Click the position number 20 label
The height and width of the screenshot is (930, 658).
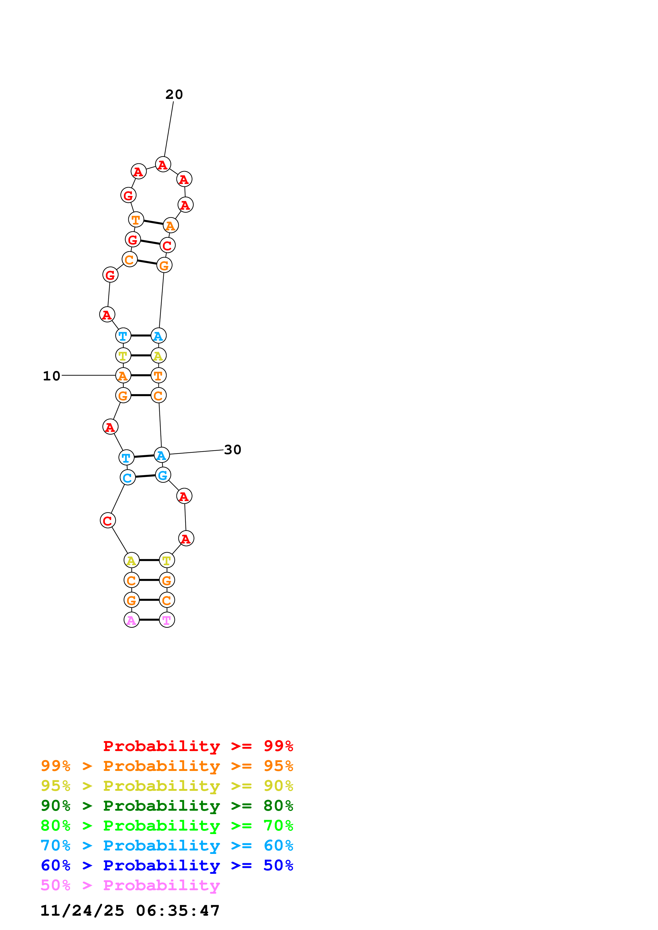click(174, 94)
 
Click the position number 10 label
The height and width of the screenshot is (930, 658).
click(51, 376)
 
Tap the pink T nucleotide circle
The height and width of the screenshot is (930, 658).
click(167, 620)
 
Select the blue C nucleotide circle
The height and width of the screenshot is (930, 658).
click(127, 477)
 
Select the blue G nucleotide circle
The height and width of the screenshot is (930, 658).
click(162, 475)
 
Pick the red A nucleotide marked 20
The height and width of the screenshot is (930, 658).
click(162, 164)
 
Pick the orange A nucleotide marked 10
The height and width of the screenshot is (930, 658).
click(123, 375)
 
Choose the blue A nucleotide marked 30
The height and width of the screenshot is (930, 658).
click(161, 455)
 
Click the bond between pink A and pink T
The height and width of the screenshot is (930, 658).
click(149, 620)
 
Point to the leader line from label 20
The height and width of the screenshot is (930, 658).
click(169, 129)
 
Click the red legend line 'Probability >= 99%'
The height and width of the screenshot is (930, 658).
click(198, 746)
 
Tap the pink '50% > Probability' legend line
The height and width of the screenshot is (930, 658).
click(130, 885)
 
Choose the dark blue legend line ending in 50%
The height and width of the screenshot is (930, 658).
click(167, 865)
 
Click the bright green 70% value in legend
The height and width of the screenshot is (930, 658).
click(278, 826)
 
